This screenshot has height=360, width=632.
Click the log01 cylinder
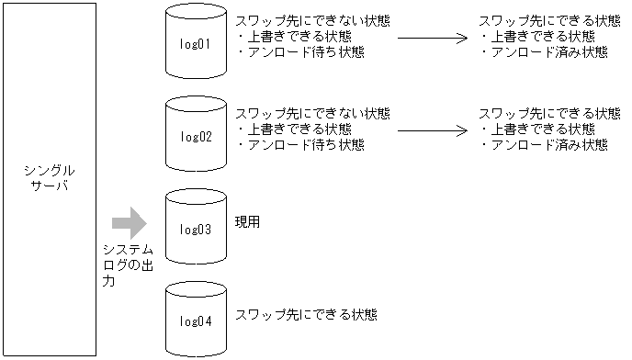click(196, 43)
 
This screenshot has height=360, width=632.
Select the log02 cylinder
click(196, 136)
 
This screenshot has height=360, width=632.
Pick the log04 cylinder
click(196, 320)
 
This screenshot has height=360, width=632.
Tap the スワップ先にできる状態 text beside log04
click(306, 314)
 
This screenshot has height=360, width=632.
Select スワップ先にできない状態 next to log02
click(312, 113)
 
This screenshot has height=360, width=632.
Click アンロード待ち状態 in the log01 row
click(300, 52)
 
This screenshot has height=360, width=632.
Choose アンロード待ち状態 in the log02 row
click(300, 144)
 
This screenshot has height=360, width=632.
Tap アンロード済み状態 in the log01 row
click(544, 52)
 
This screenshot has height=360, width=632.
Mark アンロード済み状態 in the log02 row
click(544, 144)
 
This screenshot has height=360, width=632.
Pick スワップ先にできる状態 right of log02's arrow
click(549, 113)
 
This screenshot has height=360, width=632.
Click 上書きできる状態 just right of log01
click(294, 37)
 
